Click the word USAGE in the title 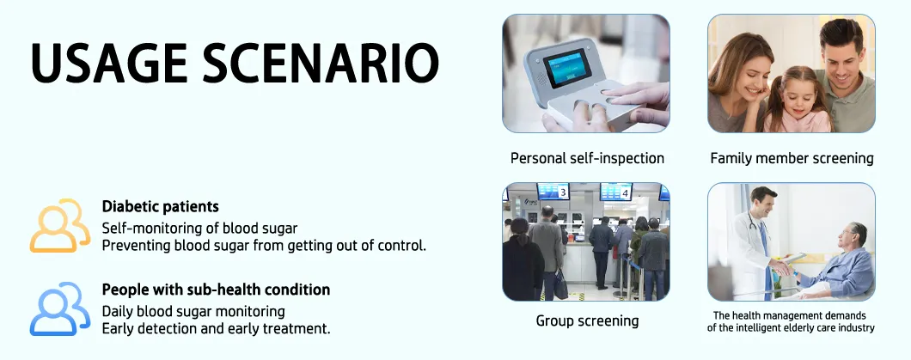pyautogui.click(x=109, y=62)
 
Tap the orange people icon pyautogui.click(x=60, y=225)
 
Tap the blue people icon pyautogui.click(x=60, y=309)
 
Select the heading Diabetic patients pyautogui.click(x=161, y=206)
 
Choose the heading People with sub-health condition pyautogui.click(x=216, y=290)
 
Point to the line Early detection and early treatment pyautogui.click(x=216, y=329)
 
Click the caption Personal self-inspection pyautogui.click(x=587, y=158)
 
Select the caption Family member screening pyautogui.click(x=792, y=158)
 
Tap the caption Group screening pyautogui.click(x=587, y=320)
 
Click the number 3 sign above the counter pyautogui.click(x=562, y=192)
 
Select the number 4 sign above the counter pyautogui.click(x=625, y=192)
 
